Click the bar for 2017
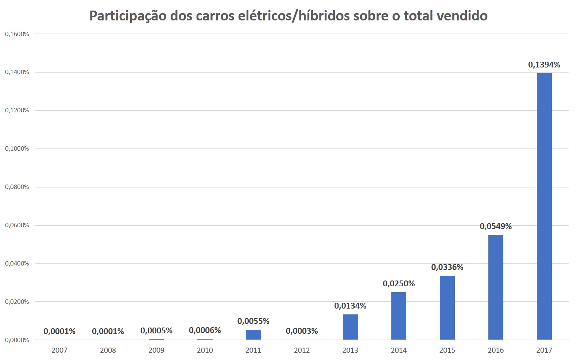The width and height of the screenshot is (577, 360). [x=544, y=206]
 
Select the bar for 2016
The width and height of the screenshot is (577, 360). [x=496, y=287]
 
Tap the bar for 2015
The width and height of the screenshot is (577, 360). [x=447, y=308]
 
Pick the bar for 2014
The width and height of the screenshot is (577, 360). [x=399, y=316]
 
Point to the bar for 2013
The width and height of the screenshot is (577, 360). [x=350, y=327]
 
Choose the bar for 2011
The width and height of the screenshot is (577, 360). [x=253, y=335]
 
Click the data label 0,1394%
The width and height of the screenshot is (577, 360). [x=544, y=65]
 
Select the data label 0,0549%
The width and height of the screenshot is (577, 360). [x=496, y=227]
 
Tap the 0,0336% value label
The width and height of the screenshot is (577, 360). [x=447, y=267]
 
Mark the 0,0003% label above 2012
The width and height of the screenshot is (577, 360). [x=302, y=331]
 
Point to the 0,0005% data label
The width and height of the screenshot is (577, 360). [x=156, y=331]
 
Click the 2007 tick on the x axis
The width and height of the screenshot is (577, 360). [x=59, y=351]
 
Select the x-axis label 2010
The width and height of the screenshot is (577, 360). [x=205, y=351]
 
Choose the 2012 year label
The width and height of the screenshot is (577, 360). [x=302, y=351]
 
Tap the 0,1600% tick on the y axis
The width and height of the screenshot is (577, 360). [x=17, y=34]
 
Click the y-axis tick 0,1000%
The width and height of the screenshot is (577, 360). [x=17, y=149]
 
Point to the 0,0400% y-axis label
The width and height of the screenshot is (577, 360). [x=17, y=264]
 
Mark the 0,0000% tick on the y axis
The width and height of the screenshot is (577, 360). [x=17, y=340]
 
